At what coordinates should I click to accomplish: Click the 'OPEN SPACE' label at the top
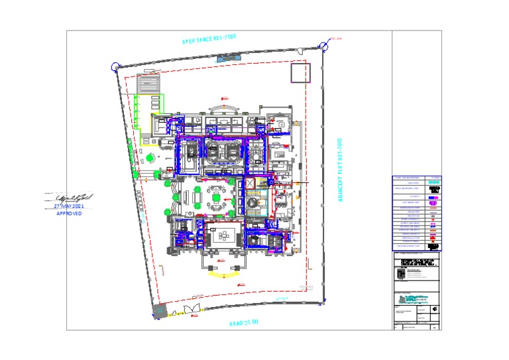(209, 39)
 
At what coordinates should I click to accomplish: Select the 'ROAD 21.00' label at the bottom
(243, 323)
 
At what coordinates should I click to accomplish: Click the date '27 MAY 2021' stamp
(69, 206)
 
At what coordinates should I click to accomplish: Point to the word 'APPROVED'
(69, 214)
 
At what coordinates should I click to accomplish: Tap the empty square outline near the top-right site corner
(300, 72)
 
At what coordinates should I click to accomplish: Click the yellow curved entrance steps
(225, 272)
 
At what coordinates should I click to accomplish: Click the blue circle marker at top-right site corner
(323, 46)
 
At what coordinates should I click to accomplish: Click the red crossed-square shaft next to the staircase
(250, 183)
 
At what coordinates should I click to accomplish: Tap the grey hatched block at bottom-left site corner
(158, 310)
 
